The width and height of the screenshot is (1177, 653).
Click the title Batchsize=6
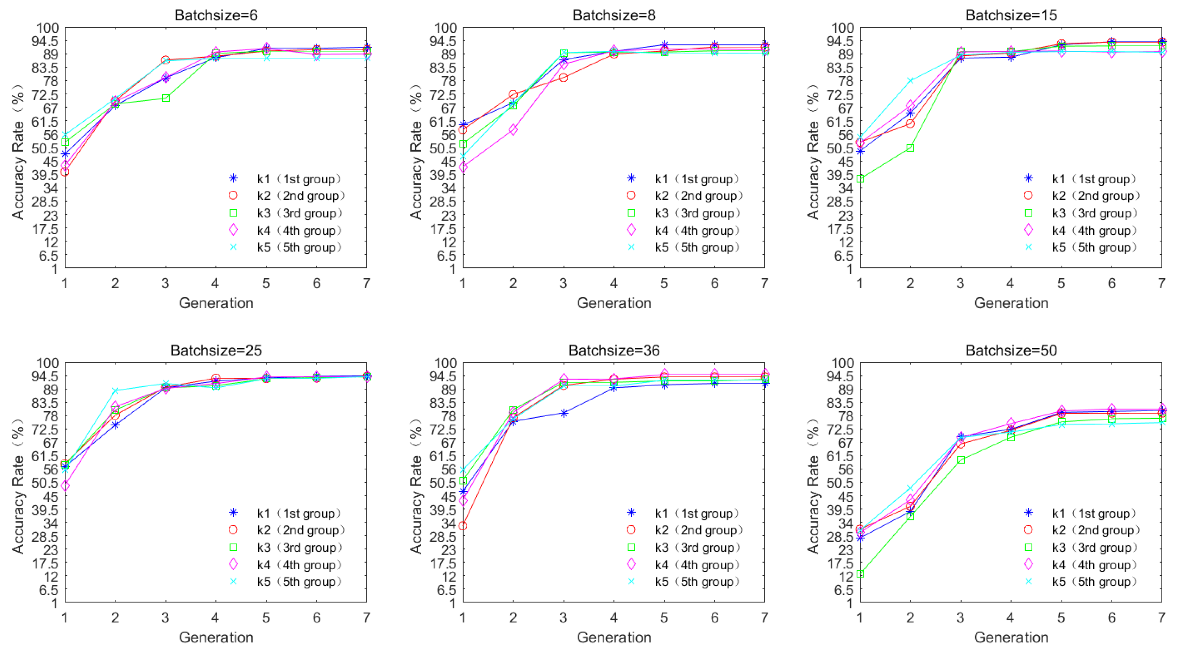(x=216, y=15)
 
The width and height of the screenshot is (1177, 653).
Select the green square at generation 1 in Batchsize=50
(x=860, y=573)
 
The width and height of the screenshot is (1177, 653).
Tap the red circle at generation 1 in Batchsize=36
(x=463, y=526)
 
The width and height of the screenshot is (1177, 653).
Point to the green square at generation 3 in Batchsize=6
(x=166, y=98)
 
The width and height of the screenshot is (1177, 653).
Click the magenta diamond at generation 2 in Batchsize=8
(x=513, y=130)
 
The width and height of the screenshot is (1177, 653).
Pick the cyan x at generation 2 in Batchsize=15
(x=910, y=81)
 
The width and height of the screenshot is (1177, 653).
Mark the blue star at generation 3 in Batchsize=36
(x=564, y=413)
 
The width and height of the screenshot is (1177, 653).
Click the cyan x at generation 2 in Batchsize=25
(x=115, y=391)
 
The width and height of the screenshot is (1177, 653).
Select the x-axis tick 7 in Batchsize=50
(x=1162, y=617)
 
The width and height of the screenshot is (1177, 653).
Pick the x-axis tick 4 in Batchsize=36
(x=613, y=617)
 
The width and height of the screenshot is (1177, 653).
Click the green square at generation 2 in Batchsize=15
(x=910, y=148)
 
